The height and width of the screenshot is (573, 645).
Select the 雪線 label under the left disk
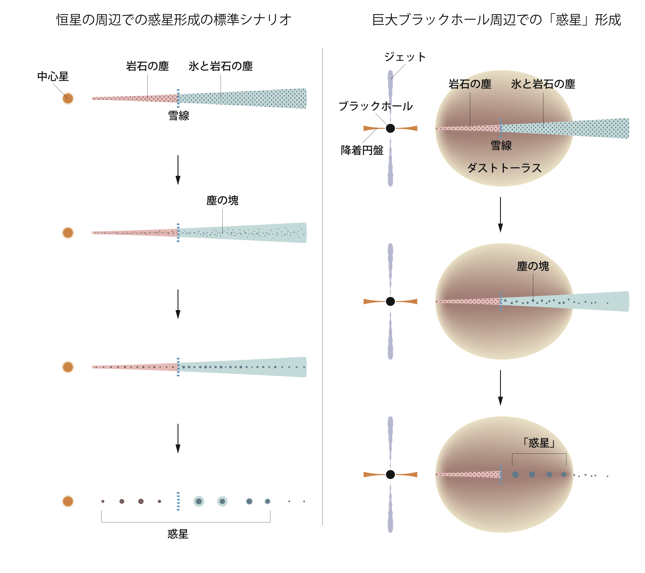(179, 116)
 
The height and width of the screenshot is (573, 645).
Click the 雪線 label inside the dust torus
(501, 145)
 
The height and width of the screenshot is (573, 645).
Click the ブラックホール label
(376, 106)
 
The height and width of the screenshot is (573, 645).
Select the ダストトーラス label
(504, 168)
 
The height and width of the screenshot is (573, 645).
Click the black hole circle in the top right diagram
(390, 128)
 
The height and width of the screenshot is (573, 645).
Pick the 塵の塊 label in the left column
(222, 200)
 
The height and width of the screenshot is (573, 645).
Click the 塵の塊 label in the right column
(533, 266)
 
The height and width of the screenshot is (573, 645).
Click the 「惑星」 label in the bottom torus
(539, 443)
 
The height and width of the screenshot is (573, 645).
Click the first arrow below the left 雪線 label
(178, 170)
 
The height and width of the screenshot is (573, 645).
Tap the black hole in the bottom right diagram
(390, 474)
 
